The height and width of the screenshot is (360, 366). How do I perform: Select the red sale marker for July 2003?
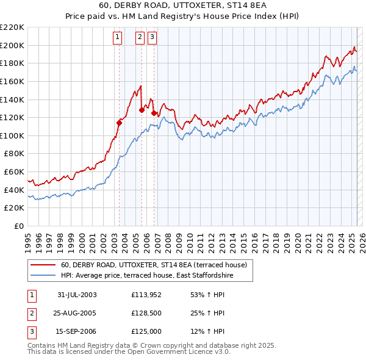coord(120,123)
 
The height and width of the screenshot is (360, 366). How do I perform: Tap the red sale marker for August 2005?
coord(142,110)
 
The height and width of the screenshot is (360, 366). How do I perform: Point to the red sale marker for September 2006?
coord(154,113)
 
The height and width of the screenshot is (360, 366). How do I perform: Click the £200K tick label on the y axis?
coord(12,45)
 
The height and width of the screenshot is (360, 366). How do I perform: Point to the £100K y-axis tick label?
coord(12,135)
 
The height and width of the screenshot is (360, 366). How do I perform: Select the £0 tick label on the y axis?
coord(18,226)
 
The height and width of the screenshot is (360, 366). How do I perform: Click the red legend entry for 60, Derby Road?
coord(153,265)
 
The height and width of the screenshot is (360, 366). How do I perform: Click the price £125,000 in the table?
coord(145,333)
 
